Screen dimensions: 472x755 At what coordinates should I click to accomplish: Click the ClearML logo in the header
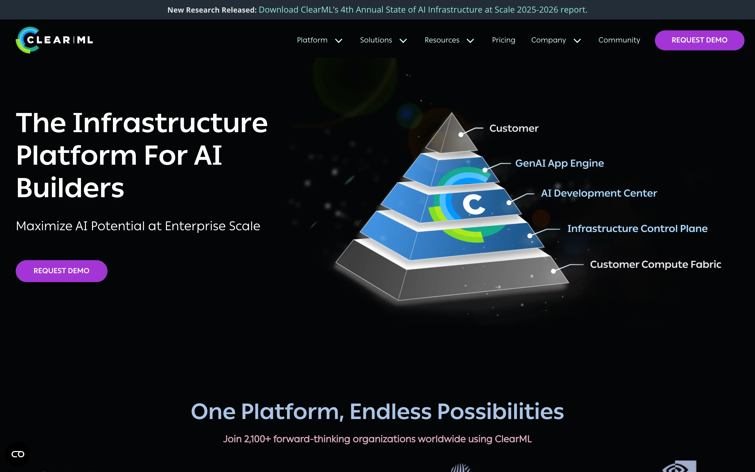54,40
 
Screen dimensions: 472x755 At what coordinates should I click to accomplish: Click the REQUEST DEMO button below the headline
61,271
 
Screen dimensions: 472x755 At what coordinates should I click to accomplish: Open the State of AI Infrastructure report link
423,10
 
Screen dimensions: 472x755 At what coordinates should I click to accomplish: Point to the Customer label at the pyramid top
514,128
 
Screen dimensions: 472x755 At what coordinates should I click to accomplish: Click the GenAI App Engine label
559,163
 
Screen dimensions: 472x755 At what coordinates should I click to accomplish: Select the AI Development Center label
599,193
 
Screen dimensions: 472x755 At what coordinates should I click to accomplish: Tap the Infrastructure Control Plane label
637,228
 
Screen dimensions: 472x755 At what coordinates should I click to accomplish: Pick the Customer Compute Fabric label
655,264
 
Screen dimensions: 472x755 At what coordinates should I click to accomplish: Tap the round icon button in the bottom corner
18,454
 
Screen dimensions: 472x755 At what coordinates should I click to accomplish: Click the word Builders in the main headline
70,188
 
